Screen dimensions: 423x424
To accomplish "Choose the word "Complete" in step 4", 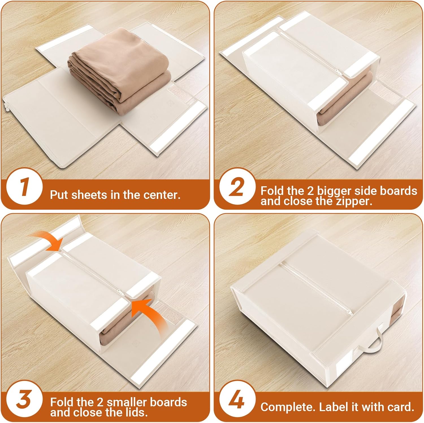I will coord(288,407).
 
